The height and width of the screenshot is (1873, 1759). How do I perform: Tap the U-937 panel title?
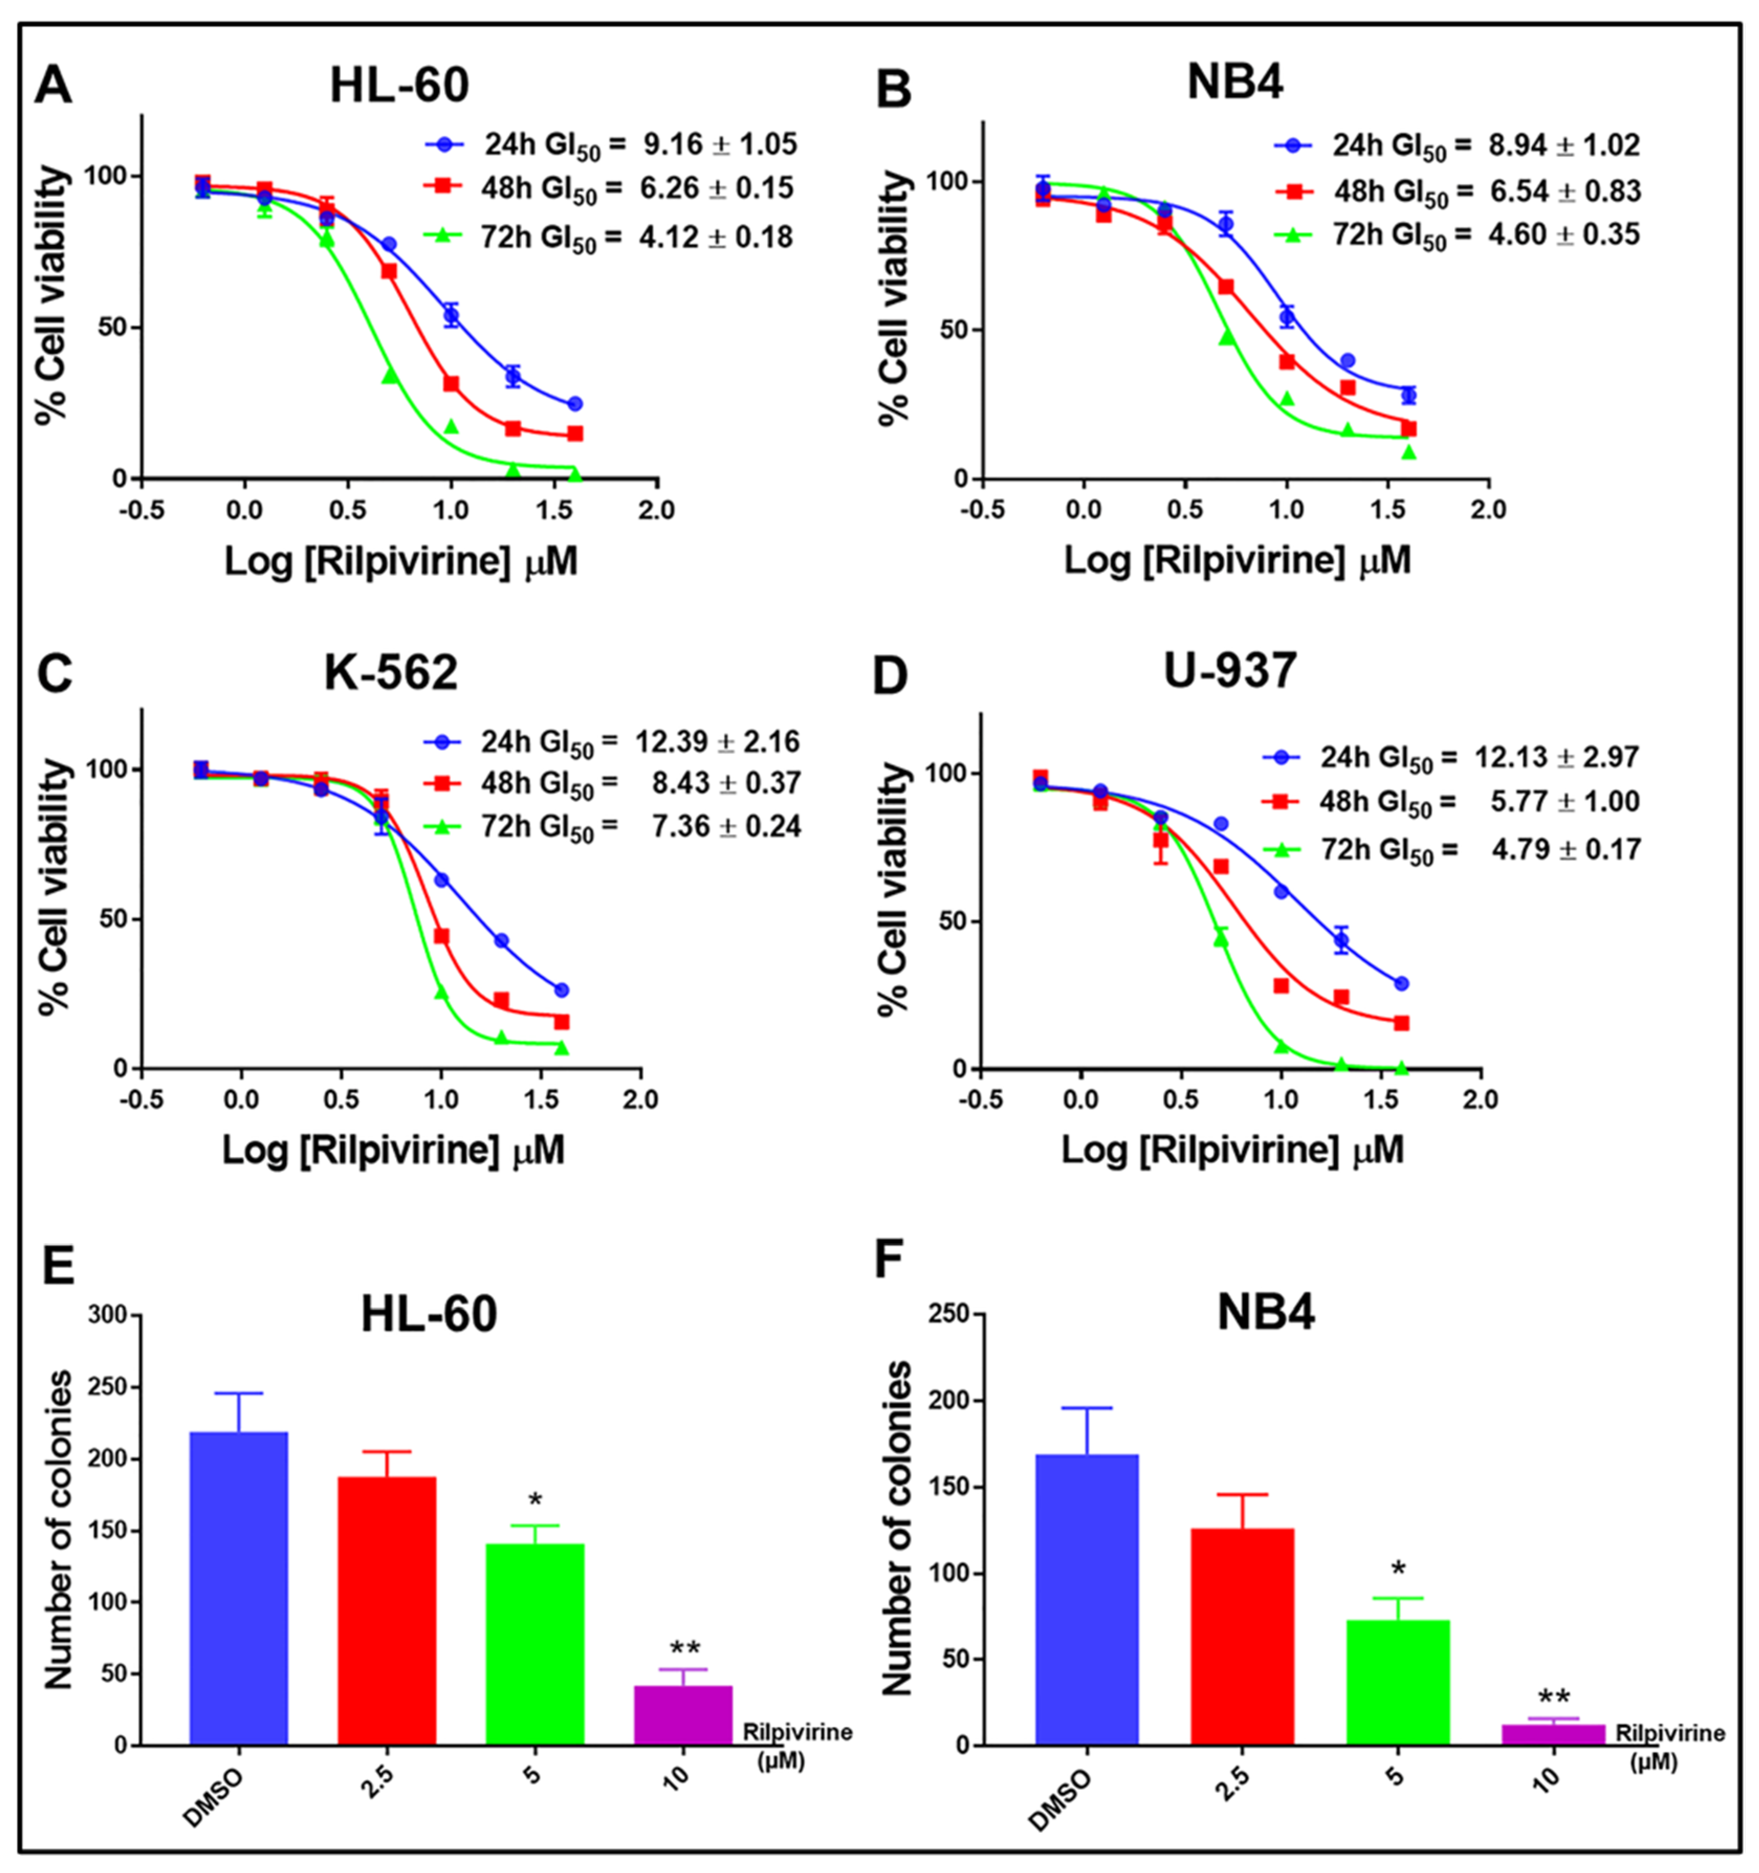pyautogui.click(x=1230, y=671)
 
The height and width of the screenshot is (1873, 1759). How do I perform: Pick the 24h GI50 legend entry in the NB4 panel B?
pyautogui.click(x=1457, y=146)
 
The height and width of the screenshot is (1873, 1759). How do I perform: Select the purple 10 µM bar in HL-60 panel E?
pyautogui.click(x=683, y=1716)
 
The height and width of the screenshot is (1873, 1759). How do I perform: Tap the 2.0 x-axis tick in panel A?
pyautogui.click(x=657, y=510)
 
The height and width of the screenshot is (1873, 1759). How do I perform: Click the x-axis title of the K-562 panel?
pyautogui.click(x=394, y=1150)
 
